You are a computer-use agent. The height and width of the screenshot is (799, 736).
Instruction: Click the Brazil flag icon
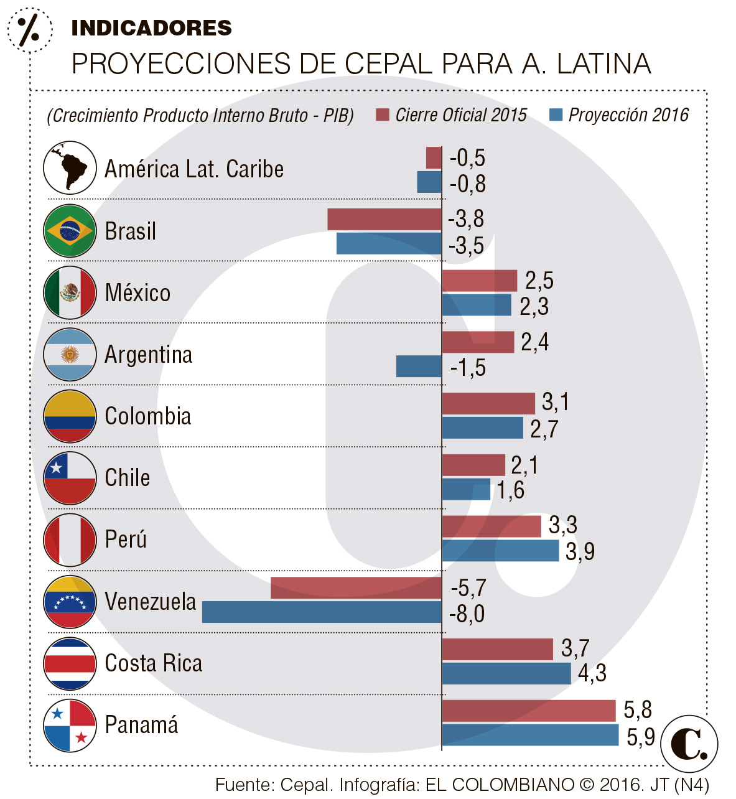[x=70, y=231]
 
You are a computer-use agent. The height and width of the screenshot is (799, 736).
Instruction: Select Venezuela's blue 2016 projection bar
[x=322, y=612]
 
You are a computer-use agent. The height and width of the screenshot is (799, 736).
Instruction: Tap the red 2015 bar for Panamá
[x=528, y=711]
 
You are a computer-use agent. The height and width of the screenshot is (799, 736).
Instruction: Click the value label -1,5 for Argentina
[x=468, y=368]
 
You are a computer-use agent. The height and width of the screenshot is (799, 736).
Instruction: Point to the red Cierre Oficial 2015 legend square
[x=383, y=115]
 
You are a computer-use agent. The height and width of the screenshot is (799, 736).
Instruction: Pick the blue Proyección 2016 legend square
[x=556, y=115]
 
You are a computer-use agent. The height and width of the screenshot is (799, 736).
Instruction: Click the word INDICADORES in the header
[x=151, y=28]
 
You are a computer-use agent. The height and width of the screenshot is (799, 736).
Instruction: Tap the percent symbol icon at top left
[x=29, y=29]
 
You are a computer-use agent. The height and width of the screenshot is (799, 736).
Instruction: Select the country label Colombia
[x=148, y=416]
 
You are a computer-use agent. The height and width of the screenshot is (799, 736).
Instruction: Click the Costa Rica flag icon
[x=70, y=663]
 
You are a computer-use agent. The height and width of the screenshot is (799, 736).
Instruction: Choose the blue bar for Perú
[x=500, y=551]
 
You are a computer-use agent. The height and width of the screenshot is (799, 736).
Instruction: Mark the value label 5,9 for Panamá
[x=640, y=737]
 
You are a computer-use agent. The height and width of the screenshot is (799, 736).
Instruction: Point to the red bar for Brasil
[x=384, y=219]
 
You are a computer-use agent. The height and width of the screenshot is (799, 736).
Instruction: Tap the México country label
[x=137, y=292]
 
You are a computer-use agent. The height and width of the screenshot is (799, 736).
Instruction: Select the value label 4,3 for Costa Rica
[x=592, y=673]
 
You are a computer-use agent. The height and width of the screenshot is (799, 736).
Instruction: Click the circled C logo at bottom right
[x=689, y=744]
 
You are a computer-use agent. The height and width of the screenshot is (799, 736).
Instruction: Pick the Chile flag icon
[x=70, y=478]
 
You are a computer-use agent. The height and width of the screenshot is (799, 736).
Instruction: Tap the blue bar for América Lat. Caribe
[x=429, y=182]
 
